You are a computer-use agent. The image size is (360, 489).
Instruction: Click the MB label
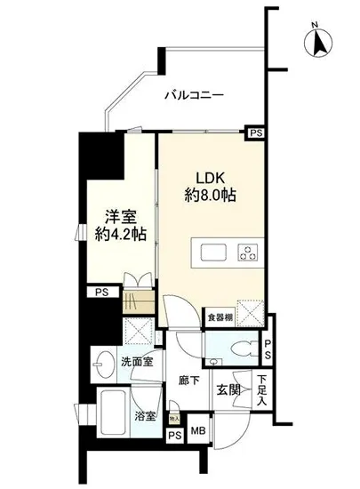pos(198,433)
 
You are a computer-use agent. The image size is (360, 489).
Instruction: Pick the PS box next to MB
pos(175,435)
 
